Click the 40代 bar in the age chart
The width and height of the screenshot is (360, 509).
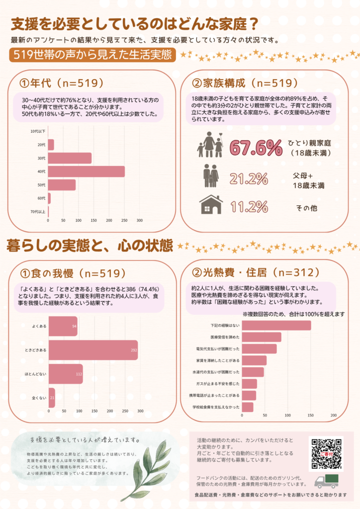pyautogui.click(x=87, y=171)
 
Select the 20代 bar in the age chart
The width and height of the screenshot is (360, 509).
pyautogui.click(x=51, y=145)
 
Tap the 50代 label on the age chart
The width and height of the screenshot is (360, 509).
pyautogui.click(x=41, y=185)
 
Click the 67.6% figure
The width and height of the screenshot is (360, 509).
pyautogui.click(x=256, y=148)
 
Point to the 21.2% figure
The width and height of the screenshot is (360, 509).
pyautogui.click(x=249, y=179)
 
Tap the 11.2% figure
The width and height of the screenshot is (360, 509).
pyautogui.click(x=249, y=207)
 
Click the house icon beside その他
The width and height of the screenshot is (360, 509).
pyautogui.click(x=211, y=204)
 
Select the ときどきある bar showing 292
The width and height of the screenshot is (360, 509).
pyautogui.click(x=93, y=350)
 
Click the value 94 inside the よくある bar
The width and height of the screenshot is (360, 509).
pyautogui.click(x=75, y=326)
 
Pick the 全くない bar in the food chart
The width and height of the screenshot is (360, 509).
pyautogui.click(x=52, y=398)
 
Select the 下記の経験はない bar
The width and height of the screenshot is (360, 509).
pyautogui.click(x=276, y=326)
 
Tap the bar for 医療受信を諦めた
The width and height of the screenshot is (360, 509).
pyautogui.click(x=262, y=338)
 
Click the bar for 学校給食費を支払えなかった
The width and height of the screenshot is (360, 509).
pyautogui.click(x=248, y=407)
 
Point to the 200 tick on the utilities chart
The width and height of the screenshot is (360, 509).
pyautogui.click(x=333, y=415)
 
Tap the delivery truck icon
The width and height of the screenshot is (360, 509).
pyautogui.click(x=327, y=481)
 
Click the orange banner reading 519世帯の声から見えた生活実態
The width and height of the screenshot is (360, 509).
pyautogui.click(x=92, y=55)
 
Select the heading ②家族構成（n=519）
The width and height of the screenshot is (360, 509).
pyautogui.click(x=245, y=83)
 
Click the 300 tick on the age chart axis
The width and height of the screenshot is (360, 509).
pyautogui.click(x=140, y=220)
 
